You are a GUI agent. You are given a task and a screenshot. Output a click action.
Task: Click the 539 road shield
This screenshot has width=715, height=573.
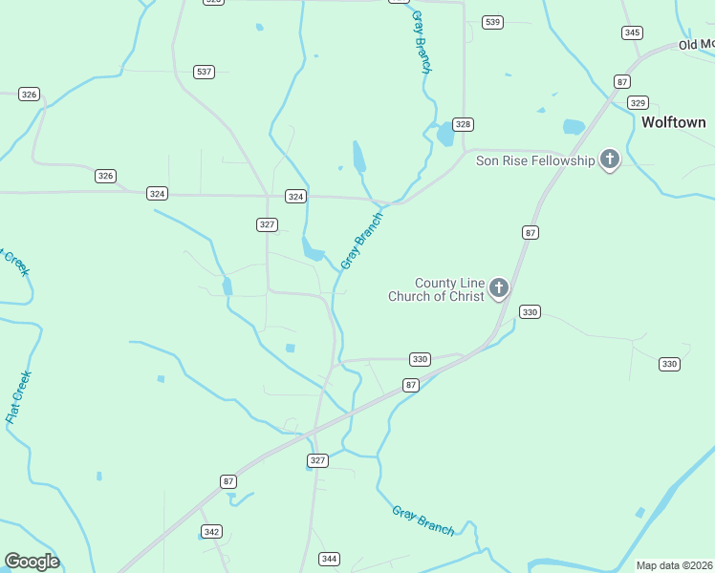point(492,22)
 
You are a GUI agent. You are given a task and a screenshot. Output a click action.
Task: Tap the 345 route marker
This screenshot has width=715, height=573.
point(631,32)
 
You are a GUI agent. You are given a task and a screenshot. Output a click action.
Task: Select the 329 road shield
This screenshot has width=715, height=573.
point(639,103)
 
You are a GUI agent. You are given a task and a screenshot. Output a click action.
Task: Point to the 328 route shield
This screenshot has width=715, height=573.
point(464,125)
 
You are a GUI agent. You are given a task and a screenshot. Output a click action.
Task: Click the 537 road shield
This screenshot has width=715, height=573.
point(204,72)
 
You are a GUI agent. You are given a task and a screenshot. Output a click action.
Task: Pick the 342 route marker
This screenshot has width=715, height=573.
point(212,531)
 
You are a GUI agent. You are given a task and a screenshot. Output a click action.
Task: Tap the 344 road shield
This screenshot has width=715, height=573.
point(329,559)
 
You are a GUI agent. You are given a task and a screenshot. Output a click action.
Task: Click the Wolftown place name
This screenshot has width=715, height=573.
point(673,122)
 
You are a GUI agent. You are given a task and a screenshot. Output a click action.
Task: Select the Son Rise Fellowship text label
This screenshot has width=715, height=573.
point(535,160)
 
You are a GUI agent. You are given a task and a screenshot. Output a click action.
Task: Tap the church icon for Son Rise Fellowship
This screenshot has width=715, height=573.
point(610,159)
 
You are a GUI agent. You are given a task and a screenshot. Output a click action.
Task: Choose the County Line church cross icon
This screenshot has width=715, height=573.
point(498,287)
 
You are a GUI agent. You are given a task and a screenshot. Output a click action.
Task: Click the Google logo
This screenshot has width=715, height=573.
point(32,562)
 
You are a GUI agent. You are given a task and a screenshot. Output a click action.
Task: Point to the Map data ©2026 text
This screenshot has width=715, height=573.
point(675,565)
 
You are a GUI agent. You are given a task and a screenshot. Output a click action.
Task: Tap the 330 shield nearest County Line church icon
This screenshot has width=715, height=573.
point(531,312)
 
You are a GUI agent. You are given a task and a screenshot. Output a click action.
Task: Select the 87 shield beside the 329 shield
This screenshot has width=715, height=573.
point(622,82)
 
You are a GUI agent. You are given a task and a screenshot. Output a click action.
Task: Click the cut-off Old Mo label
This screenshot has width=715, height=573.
point(696,45)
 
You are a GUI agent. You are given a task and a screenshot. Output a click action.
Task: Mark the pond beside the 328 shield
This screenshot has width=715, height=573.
point(445,136)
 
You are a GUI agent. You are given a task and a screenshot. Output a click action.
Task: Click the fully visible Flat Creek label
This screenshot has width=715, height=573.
point(18,396)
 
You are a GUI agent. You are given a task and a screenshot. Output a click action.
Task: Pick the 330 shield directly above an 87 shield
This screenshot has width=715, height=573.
point(420,360)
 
